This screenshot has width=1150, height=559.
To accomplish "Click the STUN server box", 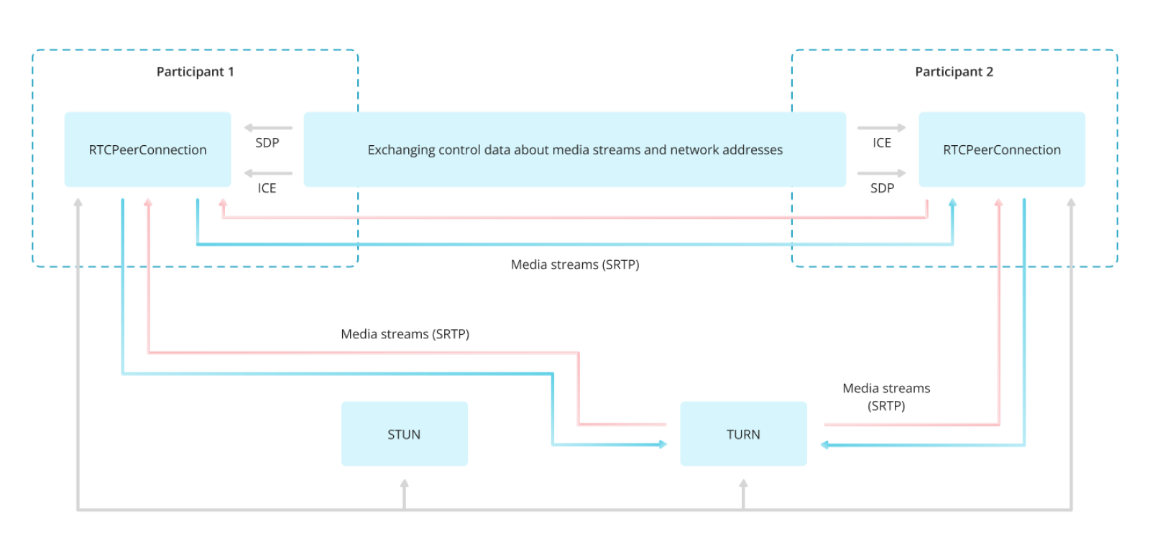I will [x=404, y=434].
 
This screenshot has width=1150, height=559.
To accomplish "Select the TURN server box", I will [x=743, y=434].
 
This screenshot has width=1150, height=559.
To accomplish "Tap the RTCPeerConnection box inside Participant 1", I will [x=147, y=149].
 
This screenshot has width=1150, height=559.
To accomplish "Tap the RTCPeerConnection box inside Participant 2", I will [x=1001, y=149].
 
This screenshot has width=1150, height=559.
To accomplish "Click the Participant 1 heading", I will [x=195, y=72].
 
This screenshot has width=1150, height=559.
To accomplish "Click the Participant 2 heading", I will [x=954, y=72].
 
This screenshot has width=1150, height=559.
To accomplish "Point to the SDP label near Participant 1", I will [x=267, y=143].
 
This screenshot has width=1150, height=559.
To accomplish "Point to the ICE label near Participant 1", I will [x=267, y=188].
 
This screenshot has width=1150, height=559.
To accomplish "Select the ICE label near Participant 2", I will [x=882, y=143].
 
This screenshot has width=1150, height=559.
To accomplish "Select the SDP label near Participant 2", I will [x=882, y=188].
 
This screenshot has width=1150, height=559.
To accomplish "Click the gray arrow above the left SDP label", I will [x=268, y=128].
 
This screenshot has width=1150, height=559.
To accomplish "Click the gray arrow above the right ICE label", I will [x=881, y=128].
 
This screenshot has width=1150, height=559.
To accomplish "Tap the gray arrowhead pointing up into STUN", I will [x=405, y=484].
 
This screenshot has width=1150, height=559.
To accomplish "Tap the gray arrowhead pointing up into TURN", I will [x=743, y=484].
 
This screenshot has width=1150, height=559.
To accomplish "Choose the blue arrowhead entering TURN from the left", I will [x=662, y=445].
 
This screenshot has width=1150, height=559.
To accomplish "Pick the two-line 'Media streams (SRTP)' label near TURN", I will [x=886, y=397].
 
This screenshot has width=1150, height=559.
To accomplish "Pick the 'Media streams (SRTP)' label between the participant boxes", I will [x=575, y=264].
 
